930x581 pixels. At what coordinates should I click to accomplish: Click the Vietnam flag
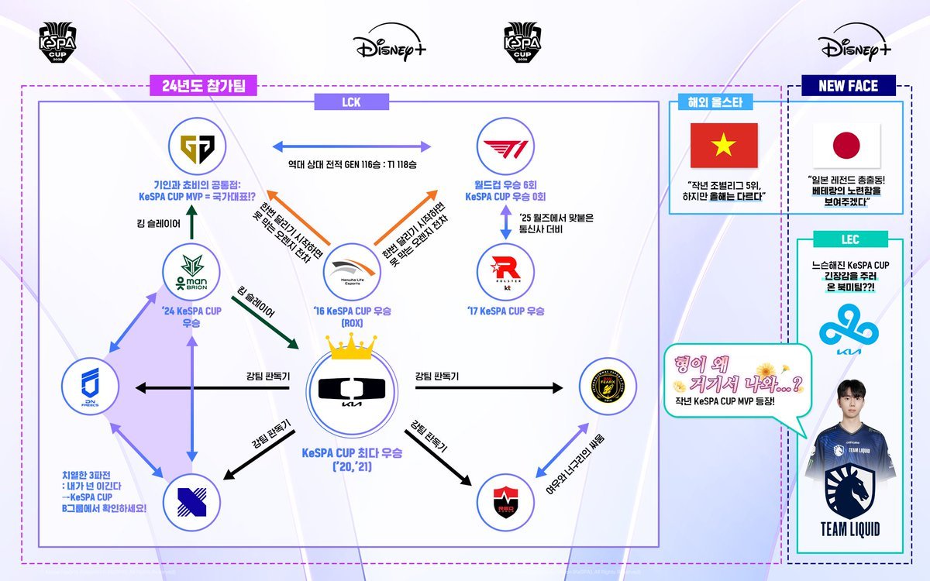click(724, 145)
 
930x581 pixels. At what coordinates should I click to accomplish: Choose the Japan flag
click(846, 145)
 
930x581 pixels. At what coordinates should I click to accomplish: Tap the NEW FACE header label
click(848, 86)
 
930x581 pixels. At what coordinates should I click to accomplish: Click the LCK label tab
click(350, 101)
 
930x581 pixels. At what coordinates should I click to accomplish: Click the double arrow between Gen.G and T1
click(350, 146)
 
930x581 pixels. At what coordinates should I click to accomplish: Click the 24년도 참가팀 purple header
click(203, 86)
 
